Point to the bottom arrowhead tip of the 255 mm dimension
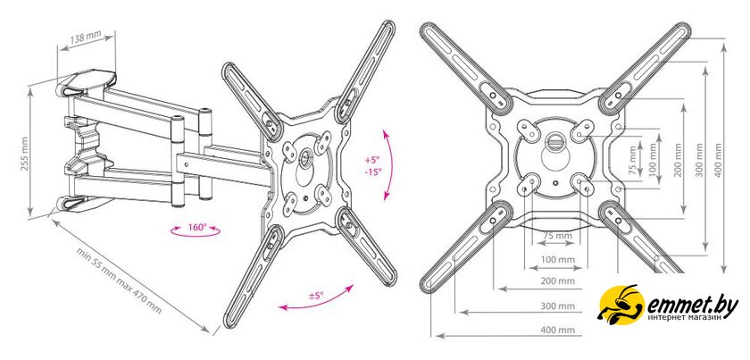coord(30,215)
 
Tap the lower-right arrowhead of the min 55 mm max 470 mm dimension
coord(210,331)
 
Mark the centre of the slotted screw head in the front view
coord(554,142)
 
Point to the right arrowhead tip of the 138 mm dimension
coord(115,35)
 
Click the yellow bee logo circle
coord(621,305)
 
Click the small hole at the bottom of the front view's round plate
coord(554,182)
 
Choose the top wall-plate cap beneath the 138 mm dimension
coord(86,82)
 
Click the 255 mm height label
coord(25,154)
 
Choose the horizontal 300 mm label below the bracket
coord(558,306)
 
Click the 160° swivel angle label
coord(196,227)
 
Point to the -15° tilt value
coord(373,171)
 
